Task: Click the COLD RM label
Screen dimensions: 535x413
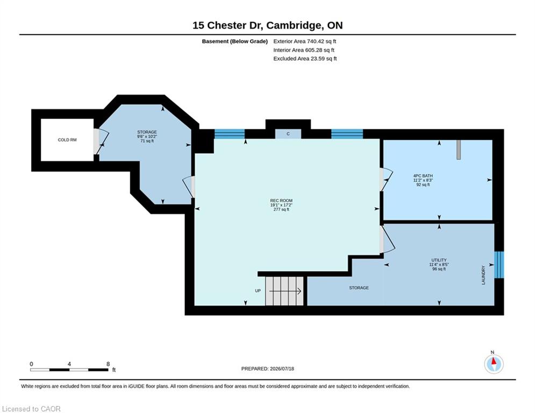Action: (67, 140)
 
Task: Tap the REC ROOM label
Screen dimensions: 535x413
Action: (281, 201)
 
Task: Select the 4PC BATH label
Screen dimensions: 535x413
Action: (423, 176)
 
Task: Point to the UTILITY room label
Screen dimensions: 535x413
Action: (439, 260)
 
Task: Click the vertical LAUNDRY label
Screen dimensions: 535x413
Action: (483, 275)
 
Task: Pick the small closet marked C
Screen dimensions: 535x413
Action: (288, 134)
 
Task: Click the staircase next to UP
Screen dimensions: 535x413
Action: (284, 291)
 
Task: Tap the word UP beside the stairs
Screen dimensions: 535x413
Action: (258, 291)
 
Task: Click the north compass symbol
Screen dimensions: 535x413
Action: (494, 364)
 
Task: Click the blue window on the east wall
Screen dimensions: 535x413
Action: (499, 265)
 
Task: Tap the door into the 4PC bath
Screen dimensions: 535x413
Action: (386, 180)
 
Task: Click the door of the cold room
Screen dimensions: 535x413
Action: (101, 141)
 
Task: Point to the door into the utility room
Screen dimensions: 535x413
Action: (387, 240)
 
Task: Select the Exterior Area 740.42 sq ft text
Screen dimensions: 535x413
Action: (305, 41)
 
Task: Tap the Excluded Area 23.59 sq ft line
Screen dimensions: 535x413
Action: (305, 59)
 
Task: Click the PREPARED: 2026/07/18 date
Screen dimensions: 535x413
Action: (268, 368)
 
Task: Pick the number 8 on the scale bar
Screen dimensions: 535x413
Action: (108, 364)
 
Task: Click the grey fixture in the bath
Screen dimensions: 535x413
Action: (459, 149)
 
